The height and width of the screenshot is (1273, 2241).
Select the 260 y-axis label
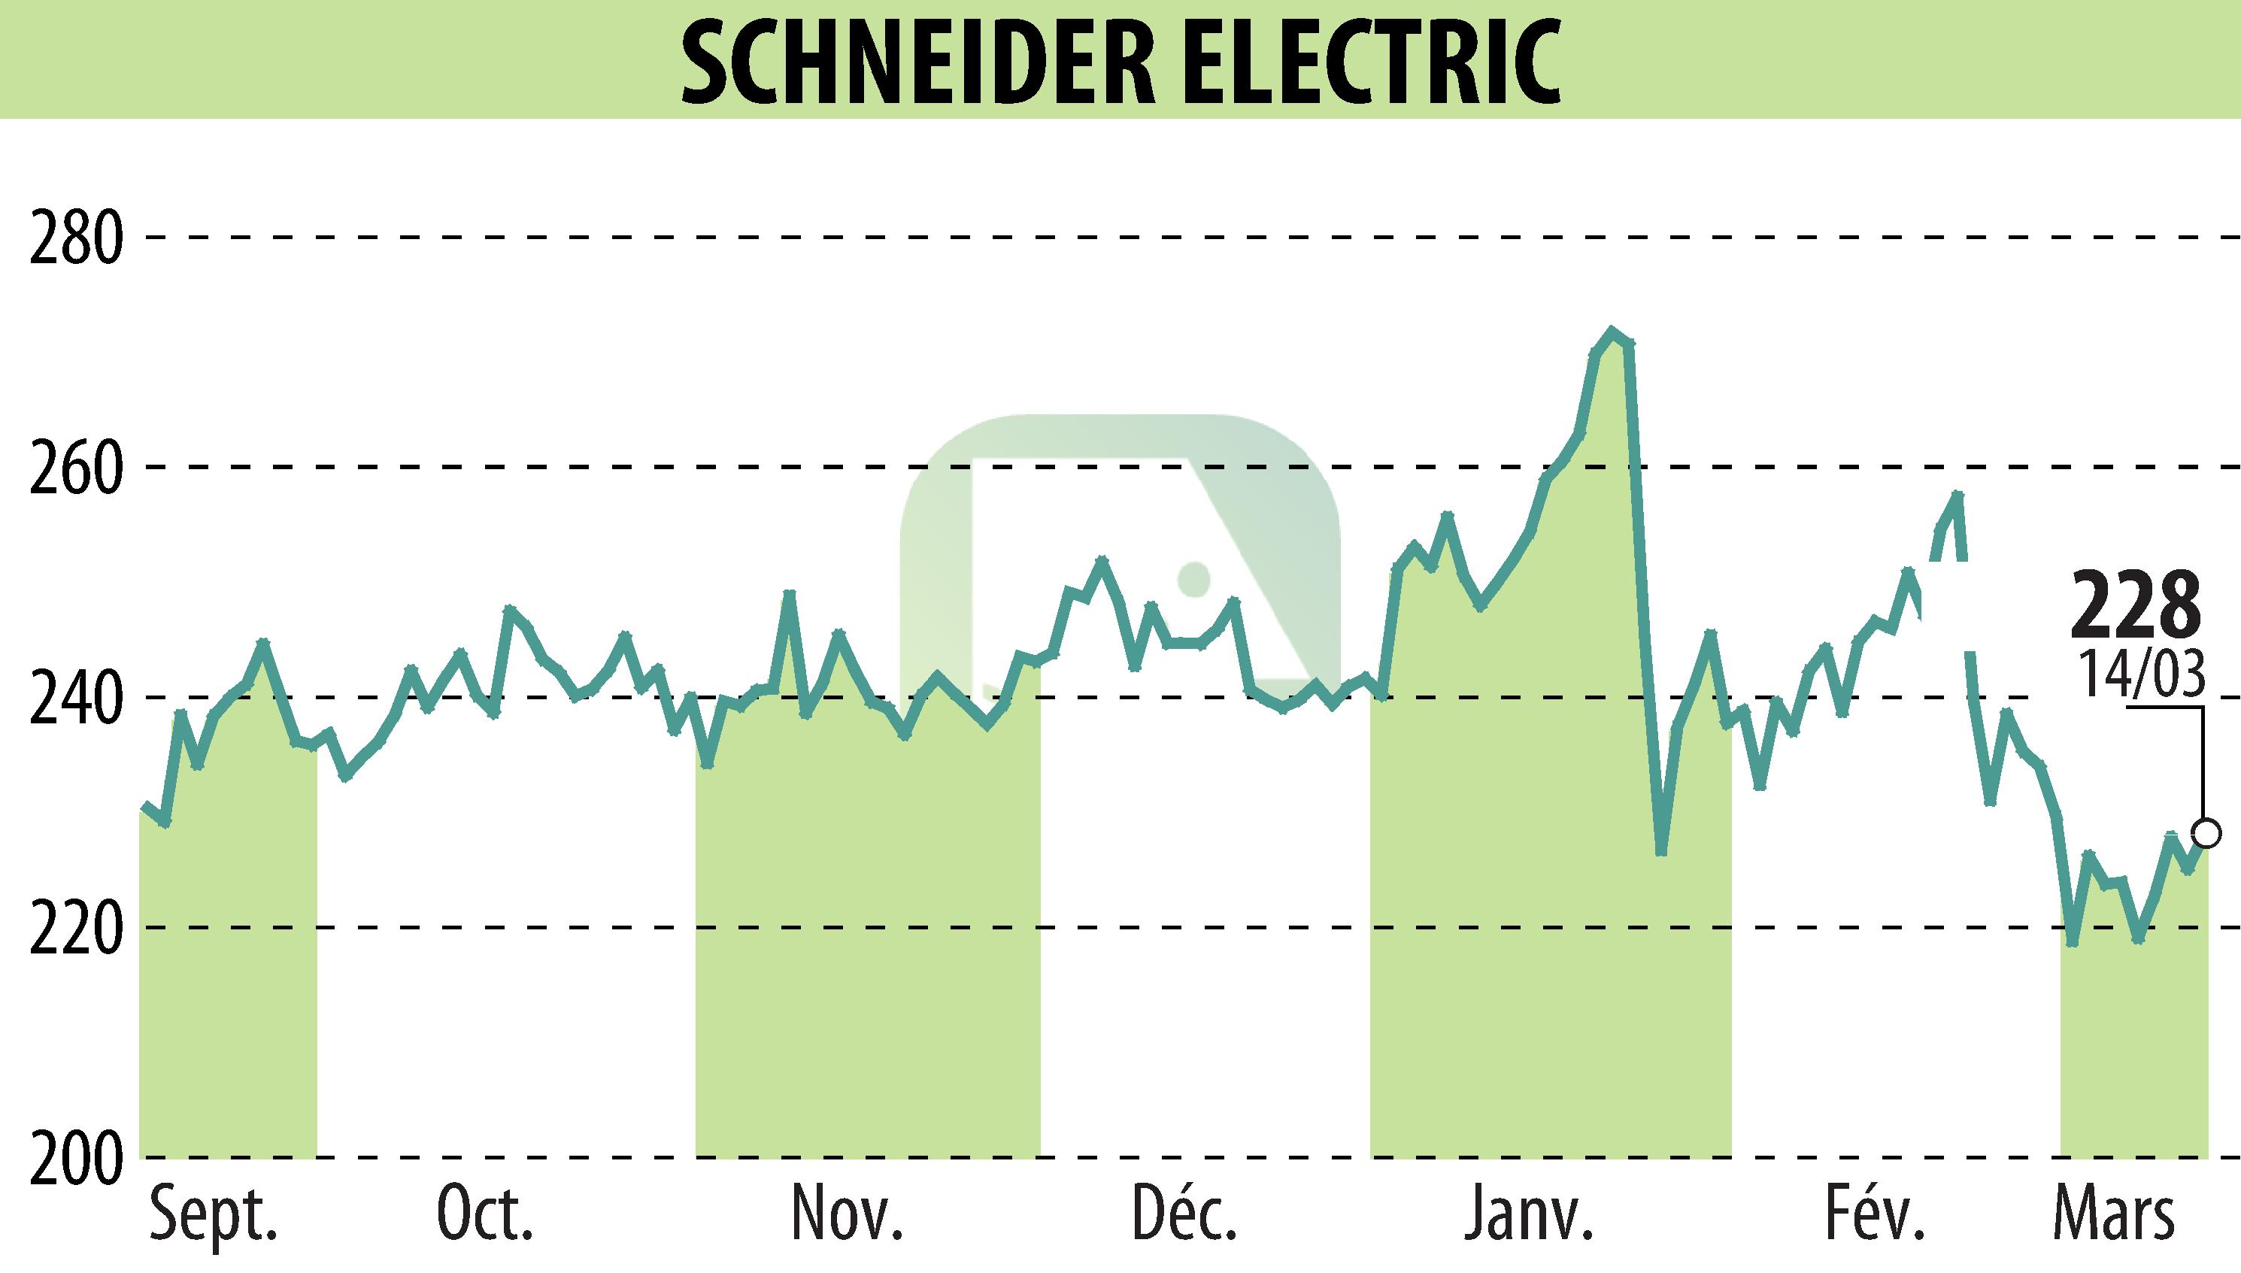click(75, 467)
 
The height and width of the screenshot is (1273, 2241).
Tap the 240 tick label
click(75, 698)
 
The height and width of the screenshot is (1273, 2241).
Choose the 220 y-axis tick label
click(75, 928)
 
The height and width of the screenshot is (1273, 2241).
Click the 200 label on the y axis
click(75, 1159)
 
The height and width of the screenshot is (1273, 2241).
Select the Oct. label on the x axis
click(485, 1215)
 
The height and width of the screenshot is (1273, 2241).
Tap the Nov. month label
click(846, 1215)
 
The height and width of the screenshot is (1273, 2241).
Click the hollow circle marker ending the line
click(2207, 833)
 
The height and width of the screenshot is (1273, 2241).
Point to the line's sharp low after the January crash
click(1661, 853)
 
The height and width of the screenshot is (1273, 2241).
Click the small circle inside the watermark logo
click(1193, 579)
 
